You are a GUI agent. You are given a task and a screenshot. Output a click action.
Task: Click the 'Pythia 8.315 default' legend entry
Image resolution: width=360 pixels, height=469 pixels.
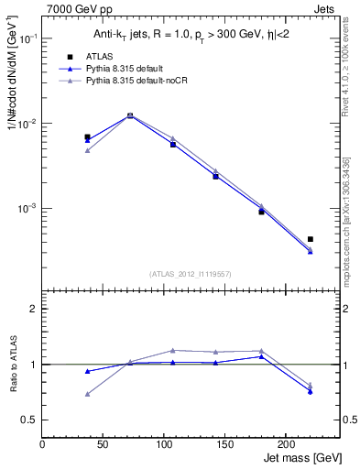[128, 69]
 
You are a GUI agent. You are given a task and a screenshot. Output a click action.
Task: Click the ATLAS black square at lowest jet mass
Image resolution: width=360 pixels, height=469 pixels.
[87, 137]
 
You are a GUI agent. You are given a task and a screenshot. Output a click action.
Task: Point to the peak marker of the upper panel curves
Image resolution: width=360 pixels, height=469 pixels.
[130, 115]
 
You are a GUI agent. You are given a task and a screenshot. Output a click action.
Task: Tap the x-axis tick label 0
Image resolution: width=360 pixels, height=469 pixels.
[42, 444]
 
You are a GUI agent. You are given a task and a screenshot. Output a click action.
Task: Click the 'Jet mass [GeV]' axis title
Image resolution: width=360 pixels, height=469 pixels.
[303, 458]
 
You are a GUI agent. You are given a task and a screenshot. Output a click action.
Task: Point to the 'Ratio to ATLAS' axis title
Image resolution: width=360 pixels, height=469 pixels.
[11, 365]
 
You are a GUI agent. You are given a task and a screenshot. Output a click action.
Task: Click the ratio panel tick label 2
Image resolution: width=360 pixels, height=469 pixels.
[32, 309]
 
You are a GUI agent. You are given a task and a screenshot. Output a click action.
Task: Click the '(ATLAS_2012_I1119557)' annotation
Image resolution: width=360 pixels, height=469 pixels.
[190, 274]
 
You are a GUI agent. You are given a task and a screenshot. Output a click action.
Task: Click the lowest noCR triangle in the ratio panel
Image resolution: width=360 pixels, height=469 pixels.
[87, 394]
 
